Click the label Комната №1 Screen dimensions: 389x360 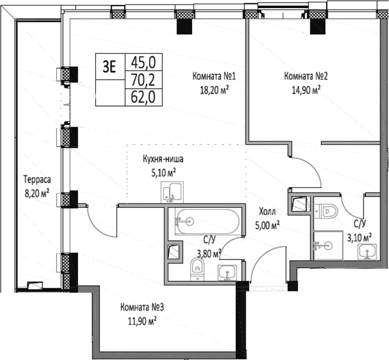214,76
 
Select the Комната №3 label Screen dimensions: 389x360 142,308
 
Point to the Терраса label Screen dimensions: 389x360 37,179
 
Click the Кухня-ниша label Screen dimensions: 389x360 163,158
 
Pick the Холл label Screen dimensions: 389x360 267,212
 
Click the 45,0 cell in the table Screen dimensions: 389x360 143,62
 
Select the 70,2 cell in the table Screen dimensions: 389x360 143,80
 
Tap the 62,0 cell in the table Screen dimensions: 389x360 143,97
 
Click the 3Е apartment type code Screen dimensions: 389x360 110,67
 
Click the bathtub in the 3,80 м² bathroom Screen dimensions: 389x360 208,221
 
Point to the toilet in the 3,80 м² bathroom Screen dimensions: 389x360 198,270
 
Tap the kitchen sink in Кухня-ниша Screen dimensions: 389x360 172,192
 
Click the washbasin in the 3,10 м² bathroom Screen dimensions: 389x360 367,251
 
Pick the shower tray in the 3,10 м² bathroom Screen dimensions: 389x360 328,245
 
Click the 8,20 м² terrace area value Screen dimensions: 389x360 37,193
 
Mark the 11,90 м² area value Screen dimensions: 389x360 142,321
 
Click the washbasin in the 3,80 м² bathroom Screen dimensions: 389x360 228,273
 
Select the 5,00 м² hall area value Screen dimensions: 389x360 267,225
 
